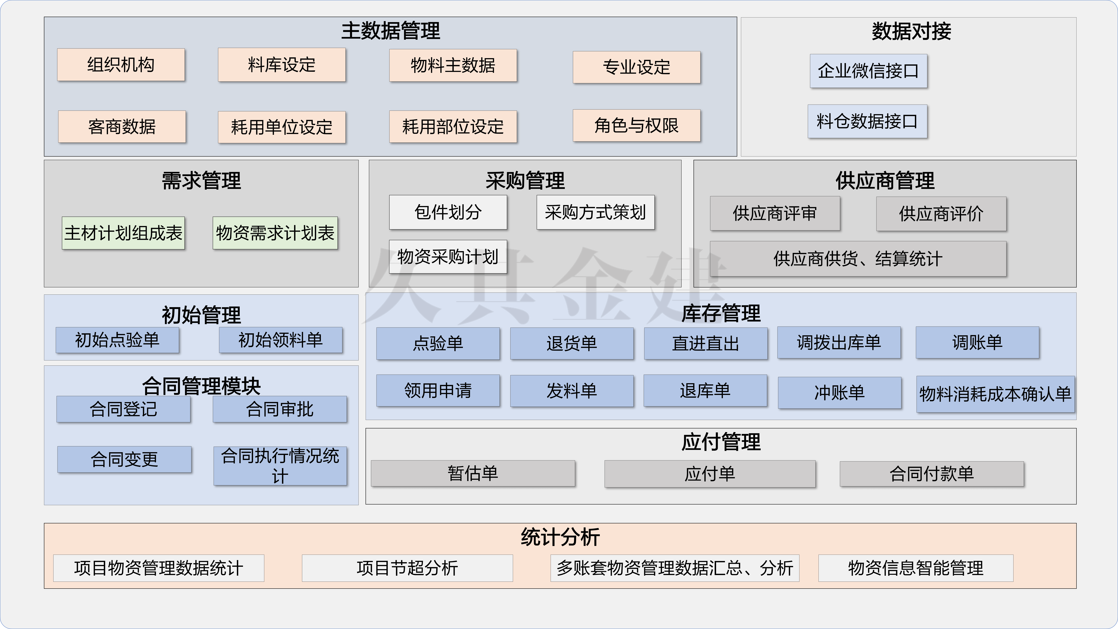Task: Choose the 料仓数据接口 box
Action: (x=867, y=121)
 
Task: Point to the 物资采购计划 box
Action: (x=448, y=257)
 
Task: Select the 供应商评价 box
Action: (x=941, y=214)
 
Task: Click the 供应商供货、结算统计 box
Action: (x=858, y=259)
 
